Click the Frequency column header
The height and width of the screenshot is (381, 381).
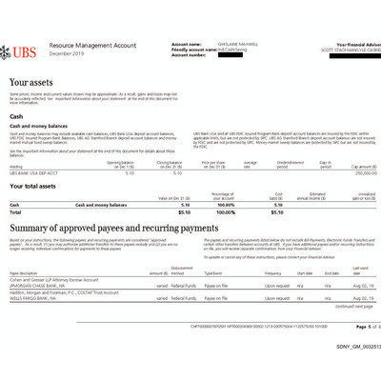pyautogui.click(x=274, y=271)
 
